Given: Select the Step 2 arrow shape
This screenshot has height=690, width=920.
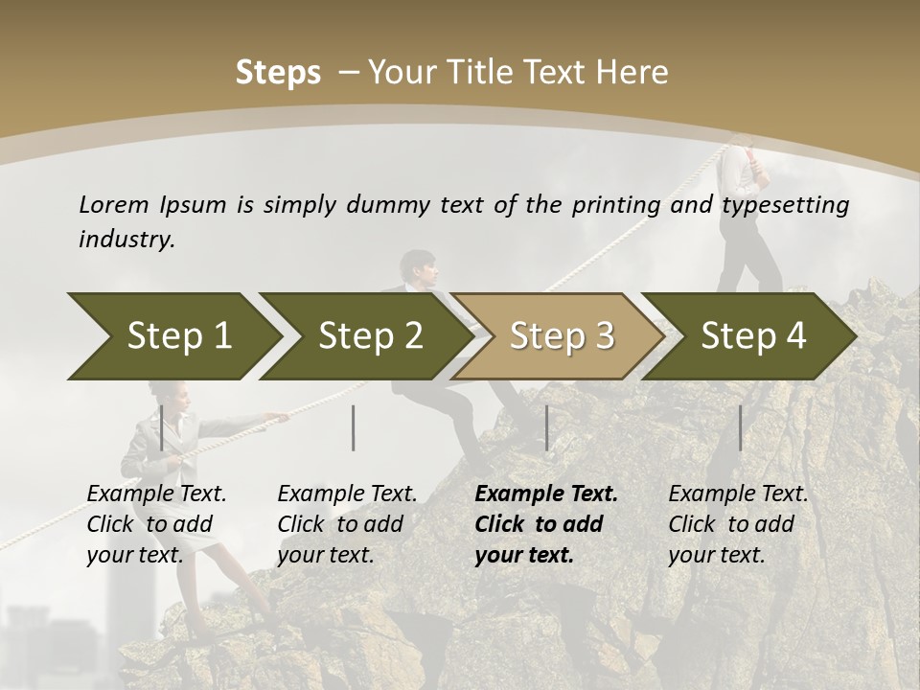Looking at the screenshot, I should coord(369,335).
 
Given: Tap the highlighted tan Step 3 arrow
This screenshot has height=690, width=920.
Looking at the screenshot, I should coord(561,335).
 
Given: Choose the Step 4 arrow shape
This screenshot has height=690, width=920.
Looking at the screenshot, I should coord(752,335).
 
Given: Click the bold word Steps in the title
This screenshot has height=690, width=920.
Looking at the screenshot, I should coord(278,73).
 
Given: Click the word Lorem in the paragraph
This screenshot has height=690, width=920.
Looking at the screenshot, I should coord(113,204).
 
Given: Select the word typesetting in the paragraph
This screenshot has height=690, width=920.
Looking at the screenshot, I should coord(785,205).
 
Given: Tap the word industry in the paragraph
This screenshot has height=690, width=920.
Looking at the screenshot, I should coord(126,239).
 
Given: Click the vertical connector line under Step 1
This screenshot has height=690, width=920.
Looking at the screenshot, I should coord(162,427).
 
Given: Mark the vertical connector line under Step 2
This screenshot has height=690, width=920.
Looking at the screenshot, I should coord(354,427).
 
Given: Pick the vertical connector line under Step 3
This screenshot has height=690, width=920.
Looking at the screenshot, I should coord(547,427).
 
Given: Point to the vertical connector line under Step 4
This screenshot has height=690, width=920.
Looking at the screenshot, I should coord(741,427).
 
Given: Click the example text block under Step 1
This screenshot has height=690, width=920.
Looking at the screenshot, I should coord(156,524).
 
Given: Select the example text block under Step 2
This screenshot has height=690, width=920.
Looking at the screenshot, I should coord(347,524).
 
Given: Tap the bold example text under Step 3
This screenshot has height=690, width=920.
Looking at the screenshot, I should coord(546,524).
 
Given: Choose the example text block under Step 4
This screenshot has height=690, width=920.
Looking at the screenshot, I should coord(738,524).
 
